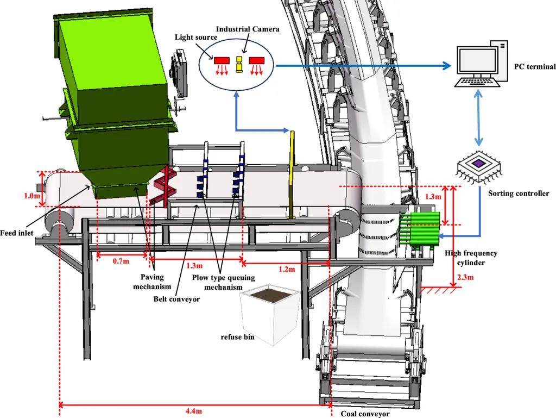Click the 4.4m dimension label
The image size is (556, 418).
(194, 411)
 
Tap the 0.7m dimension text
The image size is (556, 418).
(121, 261)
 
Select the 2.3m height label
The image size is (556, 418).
(465, 277)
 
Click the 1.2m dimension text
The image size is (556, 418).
(287, 269)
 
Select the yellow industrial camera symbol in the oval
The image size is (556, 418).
(239, 64)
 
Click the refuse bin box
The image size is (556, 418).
(270, 314)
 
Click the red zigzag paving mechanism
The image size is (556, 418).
(164, 185)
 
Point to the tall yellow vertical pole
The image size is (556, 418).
(292, 175)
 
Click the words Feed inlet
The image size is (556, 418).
(17, 233)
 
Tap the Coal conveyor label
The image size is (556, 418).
(365, 414)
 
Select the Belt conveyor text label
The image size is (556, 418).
(176, 299)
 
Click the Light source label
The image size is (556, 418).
(196, 38)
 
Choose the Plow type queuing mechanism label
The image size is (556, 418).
(223, 282)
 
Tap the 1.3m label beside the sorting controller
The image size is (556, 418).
(433, 197)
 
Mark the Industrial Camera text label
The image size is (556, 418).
(248, 29)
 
